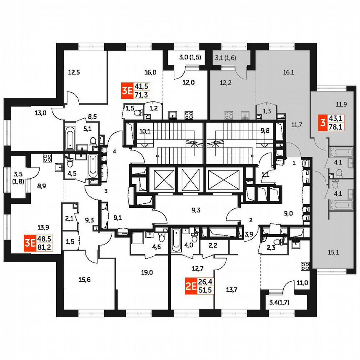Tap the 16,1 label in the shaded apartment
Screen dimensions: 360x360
pyautogui.click(x=288, y=72)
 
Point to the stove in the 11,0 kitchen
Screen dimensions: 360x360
pyautogui.click(x=305, y=265)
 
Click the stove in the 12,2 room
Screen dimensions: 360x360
pyautogui.click(x=228, y=115)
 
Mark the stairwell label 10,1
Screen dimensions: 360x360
pyautogui.click(x=145, y=131)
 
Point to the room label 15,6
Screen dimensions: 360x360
pyautogui.click(x=84, y=280)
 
